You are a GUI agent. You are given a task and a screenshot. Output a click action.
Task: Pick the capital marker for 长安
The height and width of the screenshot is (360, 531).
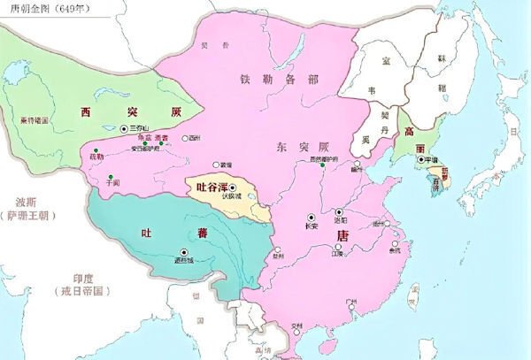pyautogui.click(x=311, y=217)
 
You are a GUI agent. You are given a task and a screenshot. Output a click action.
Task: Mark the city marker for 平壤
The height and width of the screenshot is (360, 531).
pyautogui.click(x=421, y=159)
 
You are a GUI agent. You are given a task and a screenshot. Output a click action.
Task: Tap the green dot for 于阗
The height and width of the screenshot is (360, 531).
pyautogui.click(x=110, y=178)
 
